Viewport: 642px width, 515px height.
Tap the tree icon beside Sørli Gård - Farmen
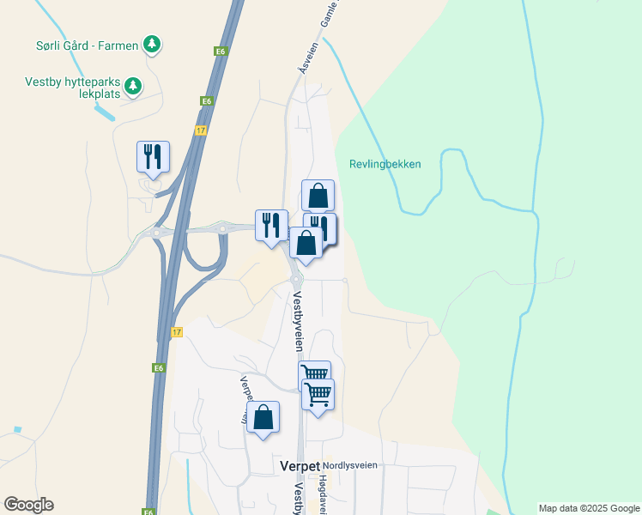pyautogui.click(x=152, y=43)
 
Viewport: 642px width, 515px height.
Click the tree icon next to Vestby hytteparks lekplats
pyautogui.click(x=132, y=85)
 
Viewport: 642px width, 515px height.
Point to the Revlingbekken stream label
pyautogui.click(x=385, y=164)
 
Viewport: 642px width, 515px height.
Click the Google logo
pyautogui.click(x=29, y=504)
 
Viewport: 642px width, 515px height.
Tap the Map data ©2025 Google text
pyautogui.click(x=588, y=508)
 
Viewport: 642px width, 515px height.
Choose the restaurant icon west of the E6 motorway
pyautogui.click(x=153, y=156)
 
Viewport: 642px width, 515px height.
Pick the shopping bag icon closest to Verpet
pyautogui.click(x=263, y=418)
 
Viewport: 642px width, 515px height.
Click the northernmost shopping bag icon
pyautogui.click(x=318, y=195)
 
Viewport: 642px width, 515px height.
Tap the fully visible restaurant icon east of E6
pyautogui.click(x=271, y=225)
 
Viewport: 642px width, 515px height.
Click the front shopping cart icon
pyautogui.click(x=318, y=394)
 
